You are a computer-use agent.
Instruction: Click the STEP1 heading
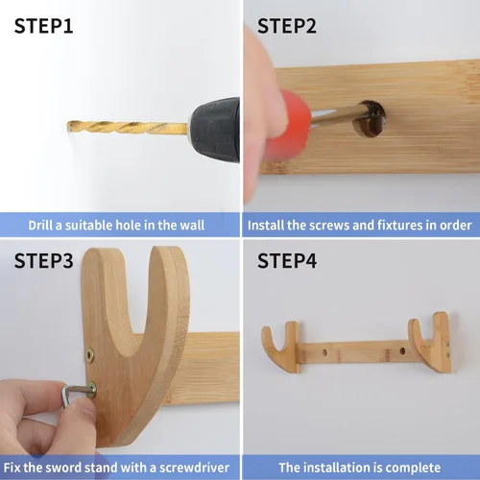tap(43, 26)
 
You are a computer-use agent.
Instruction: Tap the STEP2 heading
tap(287, 26)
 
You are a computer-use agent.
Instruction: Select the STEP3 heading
tap(43, 260)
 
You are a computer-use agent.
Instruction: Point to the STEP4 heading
tap(287, 260)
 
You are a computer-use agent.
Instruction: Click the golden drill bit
tap(127, 128)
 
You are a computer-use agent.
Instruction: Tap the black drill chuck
tap(214, 130)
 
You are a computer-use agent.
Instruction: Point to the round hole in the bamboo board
tap(369, 119)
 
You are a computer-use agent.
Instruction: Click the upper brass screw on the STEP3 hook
tap(90, 355)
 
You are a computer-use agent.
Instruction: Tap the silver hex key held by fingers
tap(75, 392)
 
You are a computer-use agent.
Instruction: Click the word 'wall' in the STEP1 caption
tap(192, 225)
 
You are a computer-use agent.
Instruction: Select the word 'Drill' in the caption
tap(40, 225)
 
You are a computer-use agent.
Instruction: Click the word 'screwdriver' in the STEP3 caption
tap(194, 468)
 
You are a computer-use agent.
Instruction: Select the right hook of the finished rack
tap(430, 343)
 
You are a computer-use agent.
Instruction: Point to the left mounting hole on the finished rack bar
tap(325, 353)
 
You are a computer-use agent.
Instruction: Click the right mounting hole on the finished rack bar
tap(402, 351)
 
